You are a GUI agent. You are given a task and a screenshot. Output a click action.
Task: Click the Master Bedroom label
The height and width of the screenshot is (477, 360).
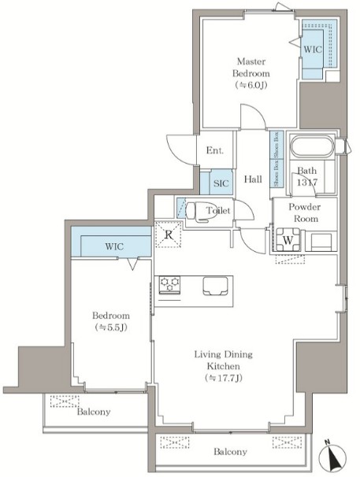point(251,67)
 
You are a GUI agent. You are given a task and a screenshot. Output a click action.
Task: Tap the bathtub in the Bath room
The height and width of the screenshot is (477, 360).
point(312,147)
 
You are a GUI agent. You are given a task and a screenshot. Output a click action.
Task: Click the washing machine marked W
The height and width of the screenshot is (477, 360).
point(288,240)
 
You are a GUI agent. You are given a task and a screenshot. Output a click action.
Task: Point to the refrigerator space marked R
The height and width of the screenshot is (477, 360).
point(169,235)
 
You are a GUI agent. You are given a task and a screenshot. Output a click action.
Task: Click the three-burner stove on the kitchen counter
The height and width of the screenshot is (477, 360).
point(169,285)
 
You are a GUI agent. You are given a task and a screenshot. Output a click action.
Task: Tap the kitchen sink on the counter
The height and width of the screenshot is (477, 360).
point(215,286)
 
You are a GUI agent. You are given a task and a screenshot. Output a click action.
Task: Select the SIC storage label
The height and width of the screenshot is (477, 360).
point(221,183)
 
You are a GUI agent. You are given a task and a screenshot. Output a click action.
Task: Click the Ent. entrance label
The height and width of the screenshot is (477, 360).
point(215,150)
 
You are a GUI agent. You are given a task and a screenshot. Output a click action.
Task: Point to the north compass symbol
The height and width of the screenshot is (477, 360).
point(333,456)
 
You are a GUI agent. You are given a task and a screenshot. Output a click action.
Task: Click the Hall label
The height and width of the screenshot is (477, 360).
point(253,179)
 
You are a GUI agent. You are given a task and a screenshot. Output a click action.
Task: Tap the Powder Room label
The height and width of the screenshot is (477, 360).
point(305,213)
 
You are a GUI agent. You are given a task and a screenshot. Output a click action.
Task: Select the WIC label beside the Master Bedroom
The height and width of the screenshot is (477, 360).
point(313,49)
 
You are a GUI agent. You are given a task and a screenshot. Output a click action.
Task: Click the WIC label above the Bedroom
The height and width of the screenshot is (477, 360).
point(114,246)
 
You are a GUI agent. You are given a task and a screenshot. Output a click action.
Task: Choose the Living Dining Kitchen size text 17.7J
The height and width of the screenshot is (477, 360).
point(224,378)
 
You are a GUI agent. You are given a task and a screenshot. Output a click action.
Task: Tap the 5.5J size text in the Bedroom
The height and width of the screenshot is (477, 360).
point(111,327)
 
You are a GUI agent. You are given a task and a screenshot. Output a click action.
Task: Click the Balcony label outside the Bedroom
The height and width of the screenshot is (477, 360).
point(94,412)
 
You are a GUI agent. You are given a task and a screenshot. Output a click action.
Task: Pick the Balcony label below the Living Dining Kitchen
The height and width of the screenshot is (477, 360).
point(230,452)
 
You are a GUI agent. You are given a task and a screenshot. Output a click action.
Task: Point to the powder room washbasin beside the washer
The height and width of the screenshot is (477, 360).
point(321,242)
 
